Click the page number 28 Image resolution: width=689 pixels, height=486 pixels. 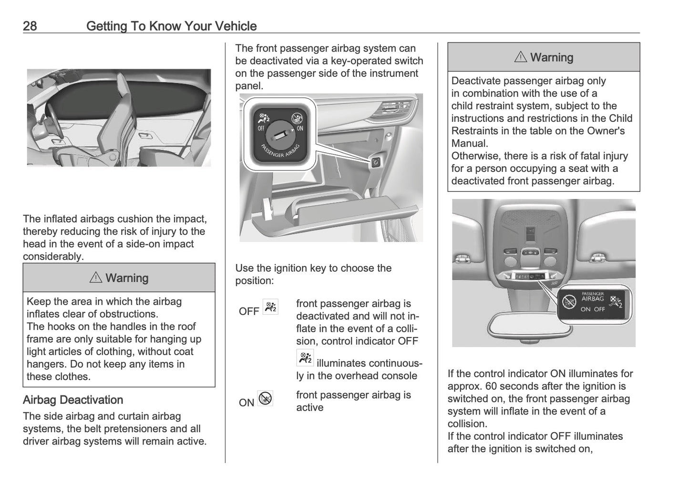pos(30,26)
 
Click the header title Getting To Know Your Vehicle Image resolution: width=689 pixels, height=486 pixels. pos(171,26)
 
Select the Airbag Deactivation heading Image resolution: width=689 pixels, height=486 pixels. pos(73,400)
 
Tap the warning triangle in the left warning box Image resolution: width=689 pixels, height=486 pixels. pos(96,277)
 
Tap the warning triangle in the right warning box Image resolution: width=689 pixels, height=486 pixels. pos(521,57)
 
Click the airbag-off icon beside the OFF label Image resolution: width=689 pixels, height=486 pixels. pos(270,307)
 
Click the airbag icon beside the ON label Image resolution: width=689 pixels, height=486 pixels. pos(265,398)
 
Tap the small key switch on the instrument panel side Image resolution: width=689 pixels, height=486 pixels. pos(375,162)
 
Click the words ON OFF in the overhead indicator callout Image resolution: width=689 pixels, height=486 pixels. pos(592,309)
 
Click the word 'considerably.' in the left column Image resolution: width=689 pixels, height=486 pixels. pos(53,256)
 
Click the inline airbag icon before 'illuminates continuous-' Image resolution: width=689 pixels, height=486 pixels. pos(305,358)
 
